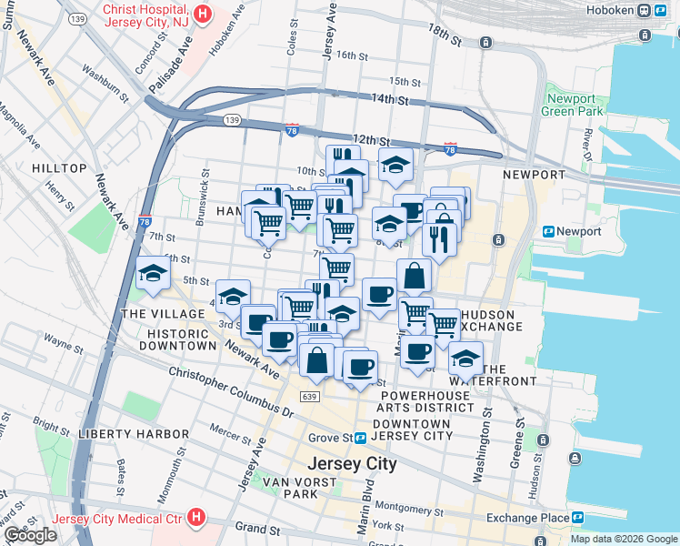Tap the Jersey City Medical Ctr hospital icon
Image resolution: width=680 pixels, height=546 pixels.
point(196,519)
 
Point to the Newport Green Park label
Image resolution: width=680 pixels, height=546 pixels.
point(572,105)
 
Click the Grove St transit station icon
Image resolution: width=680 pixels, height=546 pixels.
point(361,438)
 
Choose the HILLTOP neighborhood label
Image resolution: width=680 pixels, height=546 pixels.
point(59,168)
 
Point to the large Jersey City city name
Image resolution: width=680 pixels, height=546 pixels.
point(353,464)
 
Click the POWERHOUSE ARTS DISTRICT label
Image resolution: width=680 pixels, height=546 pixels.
point(427,402)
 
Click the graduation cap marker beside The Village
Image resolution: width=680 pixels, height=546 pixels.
point(152,273)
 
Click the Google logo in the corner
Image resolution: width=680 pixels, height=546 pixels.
point(30,535)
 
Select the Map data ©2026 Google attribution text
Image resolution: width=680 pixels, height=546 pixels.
point(623,539)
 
